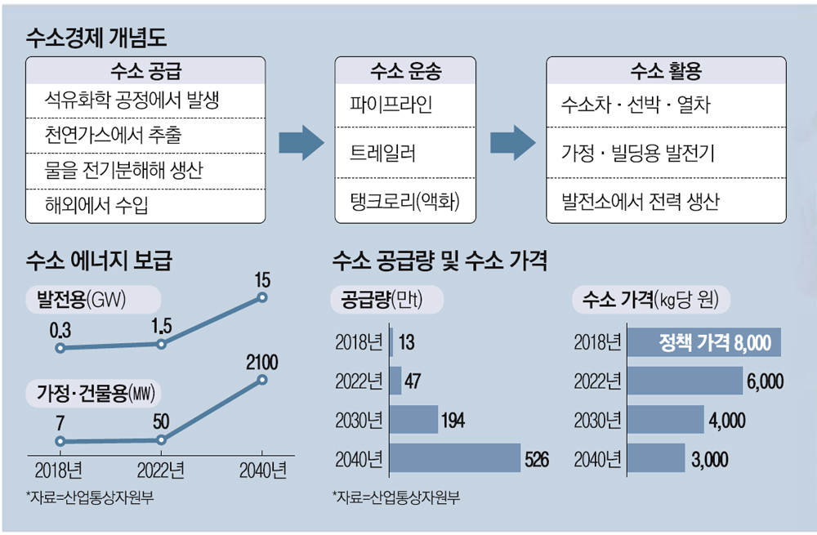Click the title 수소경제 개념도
click(96, 36)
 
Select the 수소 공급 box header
click(145, 71)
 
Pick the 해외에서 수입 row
click(98, 205)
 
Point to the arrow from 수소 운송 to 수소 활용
click(512, 142)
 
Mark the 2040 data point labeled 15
click(262, 297)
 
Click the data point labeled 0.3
click(60, 348)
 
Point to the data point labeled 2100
click(262, 380)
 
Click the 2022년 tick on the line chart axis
click(160, 471)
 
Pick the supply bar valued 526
click(455, 457)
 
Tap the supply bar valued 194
click(413, 419)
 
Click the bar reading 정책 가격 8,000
click(703, 342)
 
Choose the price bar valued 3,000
click(656, 457)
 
